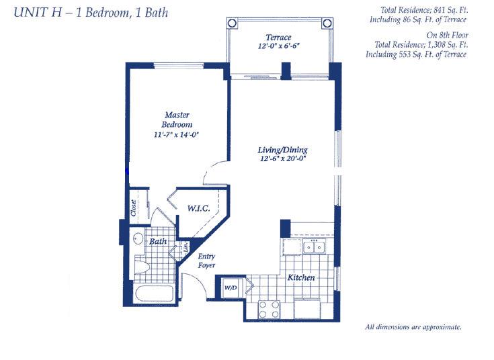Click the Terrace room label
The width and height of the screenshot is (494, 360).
(x=278, y=38)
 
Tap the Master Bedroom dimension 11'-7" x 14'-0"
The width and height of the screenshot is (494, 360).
(x=176, y=135)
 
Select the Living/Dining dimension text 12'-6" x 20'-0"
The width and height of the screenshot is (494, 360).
(x=283, y=159)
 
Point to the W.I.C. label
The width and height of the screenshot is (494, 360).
(x=198, y=208)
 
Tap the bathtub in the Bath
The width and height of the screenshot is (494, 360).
(x=155, y=294)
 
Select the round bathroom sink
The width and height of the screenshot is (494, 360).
(x=138, y=238)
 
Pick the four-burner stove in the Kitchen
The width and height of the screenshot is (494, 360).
(x=269, y=310)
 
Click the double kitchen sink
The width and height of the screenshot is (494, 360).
(x=314, y=246)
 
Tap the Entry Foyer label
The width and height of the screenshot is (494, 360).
(x=206, y=261)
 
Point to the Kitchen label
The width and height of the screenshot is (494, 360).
(x=301, y=277)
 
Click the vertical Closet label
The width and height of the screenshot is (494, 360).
(x=133, y=208)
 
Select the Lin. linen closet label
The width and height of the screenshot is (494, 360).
(x=186, y=246)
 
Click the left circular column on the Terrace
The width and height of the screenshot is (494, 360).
(x=232, y=23)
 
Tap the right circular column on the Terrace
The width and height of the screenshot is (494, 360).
(x=327, y=23)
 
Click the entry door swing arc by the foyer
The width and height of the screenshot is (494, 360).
(x=198, y=281)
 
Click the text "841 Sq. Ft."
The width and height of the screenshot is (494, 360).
(x=450, y=10)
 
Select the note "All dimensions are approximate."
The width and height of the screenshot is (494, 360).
(x=413, y=327)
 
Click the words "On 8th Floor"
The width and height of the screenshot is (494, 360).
(x=447, y=35)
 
